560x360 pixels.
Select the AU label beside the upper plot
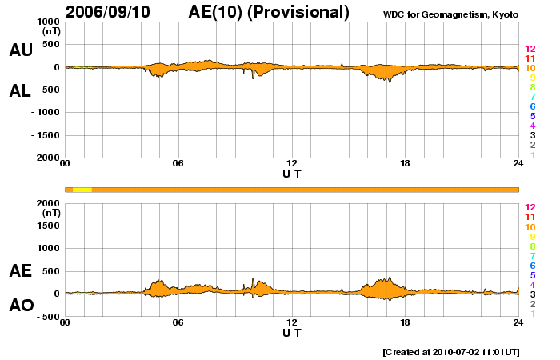[21, 50]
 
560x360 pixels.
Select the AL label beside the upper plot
[21, 90]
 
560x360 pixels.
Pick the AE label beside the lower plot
[21, 271]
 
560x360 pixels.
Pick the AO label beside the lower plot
[21, 306]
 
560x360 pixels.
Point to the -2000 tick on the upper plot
[44, 158]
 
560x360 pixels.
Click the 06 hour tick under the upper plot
[178, 164]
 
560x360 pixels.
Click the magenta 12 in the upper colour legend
[529, 49]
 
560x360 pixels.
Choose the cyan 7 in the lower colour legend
[532, 256]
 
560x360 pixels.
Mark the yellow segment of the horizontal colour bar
[82, 190]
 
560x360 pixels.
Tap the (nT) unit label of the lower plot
[51, 214]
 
